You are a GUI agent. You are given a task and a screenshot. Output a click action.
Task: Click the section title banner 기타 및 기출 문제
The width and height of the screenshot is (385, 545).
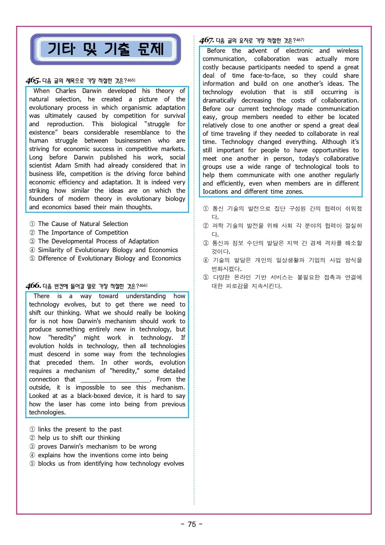[106, 49]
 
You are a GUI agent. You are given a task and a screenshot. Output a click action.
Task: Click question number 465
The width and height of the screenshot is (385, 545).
[33, 81]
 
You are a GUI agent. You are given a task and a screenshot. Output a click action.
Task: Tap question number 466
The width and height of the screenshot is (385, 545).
[33, 286]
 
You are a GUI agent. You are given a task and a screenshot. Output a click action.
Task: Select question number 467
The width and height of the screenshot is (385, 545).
[206, 40]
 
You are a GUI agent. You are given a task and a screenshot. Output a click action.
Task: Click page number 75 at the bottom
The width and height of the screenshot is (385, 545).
[192, 524]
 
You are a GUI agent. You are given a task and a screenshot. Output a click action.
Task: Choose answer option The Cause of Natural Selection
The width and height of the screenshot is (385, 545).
[83, 224]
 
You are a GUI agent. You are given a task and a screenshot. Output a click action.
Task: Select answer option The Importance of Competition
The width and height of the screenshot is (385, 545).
[83, 233]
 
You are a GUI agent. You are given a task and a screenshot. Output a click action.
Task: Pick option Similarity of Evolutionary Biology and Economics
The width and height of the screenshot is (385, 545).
[108, 250]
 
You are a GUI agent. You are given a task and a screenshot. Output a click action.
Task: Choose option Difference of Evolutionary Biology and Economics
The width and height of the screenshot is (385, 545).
[109, 258]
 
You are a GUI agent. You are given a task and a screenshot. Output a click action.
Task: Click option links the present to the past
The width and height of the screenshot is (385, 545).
[79, 429]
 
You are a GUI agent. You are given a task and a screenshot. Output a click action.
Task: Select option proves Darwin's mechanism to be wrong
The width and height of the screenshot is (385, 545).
[97, 446]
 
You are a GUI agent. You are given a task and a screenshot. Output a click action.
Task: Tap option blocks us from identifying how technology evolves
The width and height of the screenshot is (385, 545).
[111, 464]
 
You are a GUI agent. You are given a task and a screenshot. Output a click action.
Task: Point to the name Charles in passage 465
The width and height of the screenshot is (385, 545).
[66, 91]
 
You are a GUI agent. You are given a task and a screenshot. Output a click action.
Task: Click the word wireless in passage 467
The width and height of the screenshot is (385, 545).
[347, 51]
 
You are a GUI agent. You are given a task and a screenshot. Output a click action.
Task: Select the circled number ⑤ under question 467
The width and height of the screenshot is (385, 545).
[206, 277]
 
